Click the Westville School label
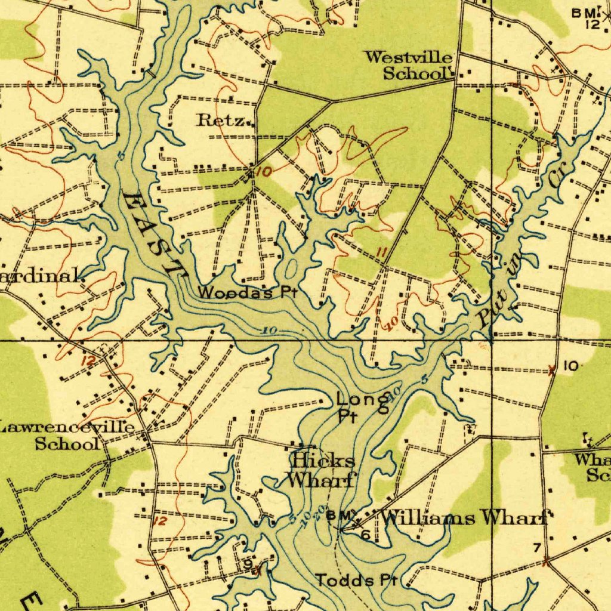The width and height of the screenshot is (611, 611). [409, 66]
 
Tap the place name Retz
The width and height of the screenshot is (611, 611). [221, 121]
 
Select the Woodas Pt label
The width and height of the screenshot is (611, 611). [246, 293]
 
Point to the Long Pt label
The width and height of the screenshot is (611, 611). [357, 407]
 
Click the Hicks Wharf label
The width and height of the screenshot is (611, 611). [323, 470]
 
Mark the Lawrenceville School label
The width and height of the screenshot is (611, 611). [67, 435]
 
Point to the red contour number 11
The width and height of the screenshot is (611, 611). [382, 254]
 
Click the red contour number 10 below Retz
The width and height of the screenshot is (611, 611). [263, 172]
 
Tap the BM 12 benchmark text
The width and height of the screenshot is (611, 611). [590, 18]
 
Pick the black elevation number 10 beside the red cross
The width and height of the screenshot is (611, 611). [570, 366]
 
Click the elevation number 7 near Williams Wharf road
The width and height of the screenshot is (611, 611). [537, 548]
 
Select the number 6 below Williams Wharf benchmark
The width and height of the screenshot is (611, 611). [366, 535]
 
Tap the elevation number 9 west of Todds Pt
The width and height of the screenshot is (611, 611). [247, 563]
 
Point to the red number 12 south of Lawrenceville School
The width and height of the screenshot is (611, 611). [160, 521]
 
